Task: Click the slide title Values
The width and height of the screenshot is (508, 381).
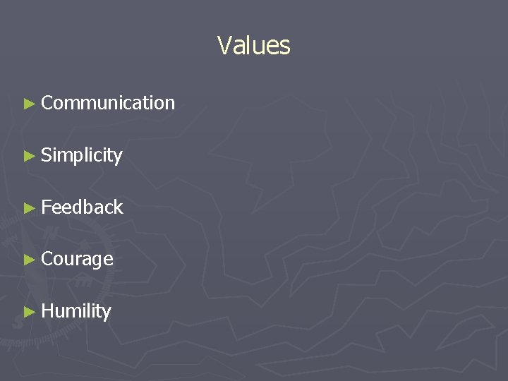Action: [x=253, y=46]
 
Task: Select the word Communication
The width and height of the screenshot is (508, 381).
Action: [x=108, y=103]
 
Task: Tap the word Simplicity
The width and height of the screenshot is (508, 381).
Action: [x=82, y=155]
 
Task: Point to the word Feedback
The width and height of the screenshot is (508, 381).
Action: [x=82, y=207]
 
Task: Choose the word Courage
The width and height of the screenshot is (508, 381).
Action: [x=77, y=259]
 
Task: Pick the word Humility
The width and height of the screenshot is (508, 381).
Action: [x=76, y=311]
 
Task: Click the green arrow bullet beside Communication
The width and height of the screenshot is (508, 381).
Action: [x=29, y=104]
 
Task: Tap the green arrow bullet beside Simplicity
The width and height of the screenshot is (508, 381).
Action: [x=29, y=156]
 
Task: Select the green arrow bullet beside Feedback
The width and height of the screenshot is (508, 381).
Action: [x=29, y=207]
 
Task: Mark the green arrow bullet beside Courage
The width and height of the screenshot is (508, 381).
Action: [x=29, y=260]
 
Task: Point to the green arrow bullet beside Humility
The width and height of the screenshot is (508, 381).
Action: [x=29, y=312]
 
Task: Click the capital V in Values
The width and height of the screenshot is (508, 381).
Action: [x=225, y=46]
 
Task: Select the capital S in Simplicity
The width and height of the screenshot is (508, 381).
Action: [x=47, y=155]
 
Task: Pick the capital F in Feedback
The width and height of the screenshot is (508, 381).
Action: [x=46, y=207]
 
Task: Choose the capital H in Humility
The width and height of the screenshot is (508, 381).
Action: [x=47, y=311]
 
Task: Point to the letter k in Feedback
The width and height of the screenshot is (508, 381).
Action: [x=119, y=207]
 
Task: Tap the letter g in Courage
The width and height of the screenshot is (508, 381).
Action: [x=98, y=261]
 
